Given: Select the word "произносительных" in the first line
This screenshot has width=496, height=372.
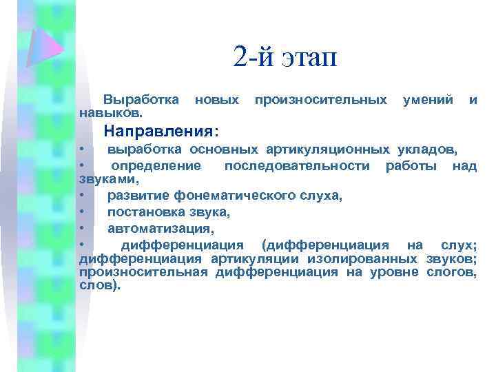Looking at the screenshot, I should coord(320,101).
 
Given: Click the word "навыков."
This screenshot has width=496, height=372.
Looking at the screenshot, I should coord(112,112).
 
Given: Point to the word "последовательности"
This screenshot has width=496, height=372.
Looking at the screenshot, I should coord(299,165).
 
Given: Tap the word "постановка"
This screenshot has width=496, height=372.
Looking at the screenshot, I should coord(142,211).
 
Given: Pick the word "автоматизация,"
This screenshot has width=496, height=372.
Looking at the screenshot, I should coord(161,227).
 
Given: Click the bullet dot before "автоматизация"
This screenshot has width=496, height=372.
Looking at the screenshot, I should coord(82,227).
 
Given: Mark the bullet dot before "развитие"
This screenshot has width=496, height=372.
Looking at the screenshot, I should coord(82,196).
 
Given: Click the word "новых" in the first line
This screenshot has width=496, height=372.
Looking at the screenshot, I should coord(217,101).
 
